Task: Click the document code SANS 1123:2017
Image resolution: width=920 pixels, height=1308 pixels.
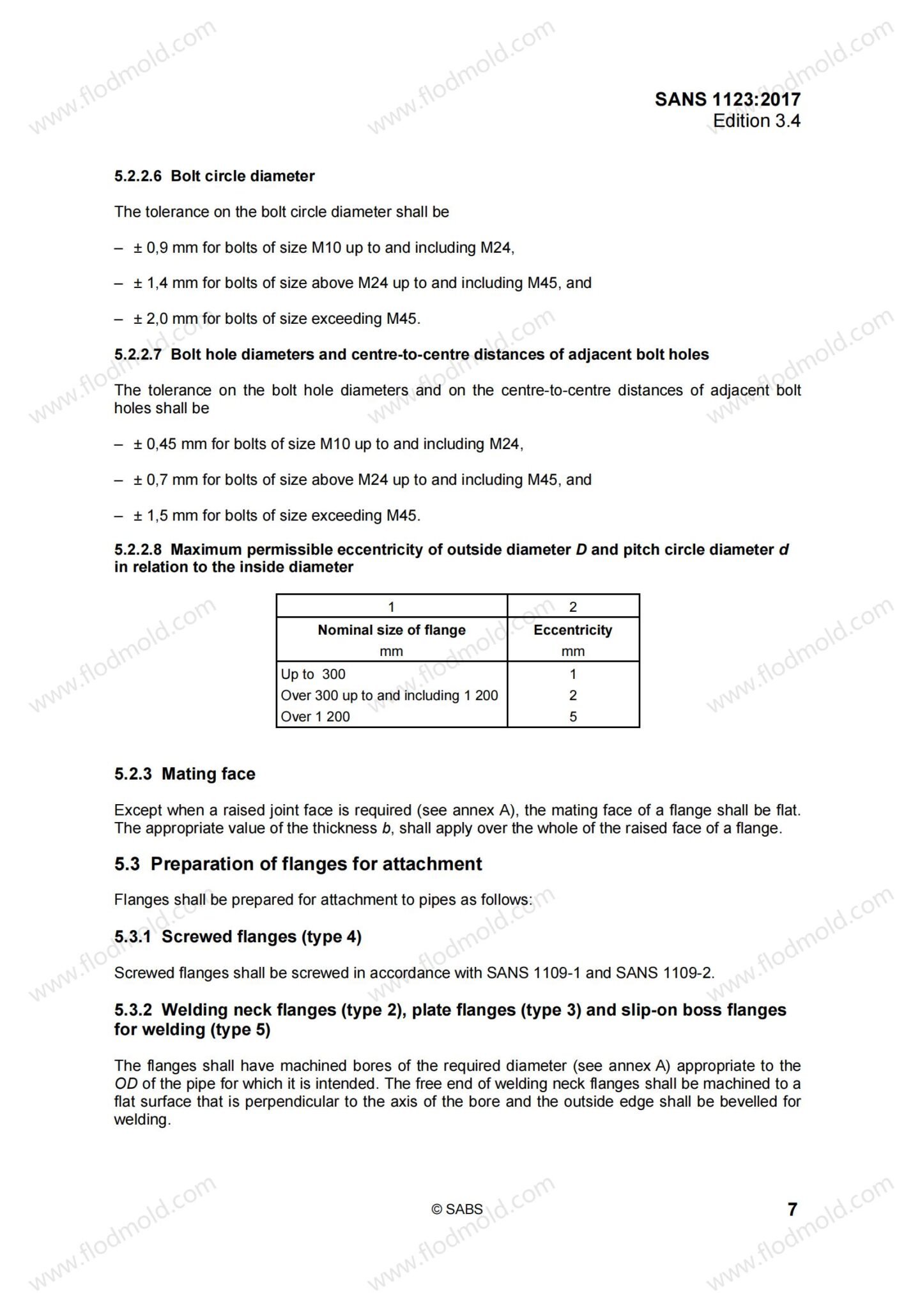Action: (727, 99)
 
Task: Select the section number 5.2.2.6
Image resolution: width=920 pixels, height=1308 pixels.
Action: (138, 176)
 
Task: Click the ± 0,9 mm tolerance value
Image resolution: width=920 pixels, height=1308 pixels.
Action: (165, 248)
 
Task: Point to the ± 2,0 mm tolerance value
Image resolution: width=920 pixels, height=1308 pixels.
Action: (165, 319)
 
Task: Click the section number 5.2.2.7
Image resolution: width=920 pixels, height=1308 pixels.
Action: (138, 354)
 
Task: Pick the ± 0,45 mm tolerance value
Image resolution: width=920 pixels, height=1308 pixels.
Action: (169, 444)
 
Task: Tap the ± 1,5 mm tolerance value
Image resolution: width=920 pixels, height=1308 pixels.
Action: (165, 515)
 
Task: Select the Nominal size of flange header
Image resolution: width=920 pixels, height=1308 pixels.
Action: (391, 630)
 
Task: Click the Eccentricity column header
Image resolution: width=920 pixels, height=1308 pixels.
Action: (572, 630)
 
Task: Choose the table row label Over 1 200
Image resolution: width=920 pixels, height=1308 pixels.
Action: (316, 717)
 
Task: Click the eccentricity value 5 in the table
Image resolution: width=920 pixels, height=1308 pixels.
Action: (573, 717)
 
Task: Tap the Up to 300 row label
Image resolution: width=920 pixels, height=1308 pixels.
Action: (313, 674)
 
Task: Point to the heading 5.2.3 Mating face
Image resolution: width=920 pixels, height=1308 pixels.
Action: (185, 774)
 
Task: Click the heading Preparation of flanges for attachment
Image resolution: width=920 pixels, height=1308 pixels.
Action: (316, 864)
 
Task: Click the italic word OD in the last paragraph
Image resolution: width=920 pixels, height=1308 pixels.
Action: (126, 1084)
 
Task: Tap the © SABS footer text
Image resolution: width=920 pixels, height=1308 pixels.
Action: (457, 1209)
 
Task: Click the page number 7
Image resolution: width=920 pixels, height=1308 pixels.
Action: (792, 1210)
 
